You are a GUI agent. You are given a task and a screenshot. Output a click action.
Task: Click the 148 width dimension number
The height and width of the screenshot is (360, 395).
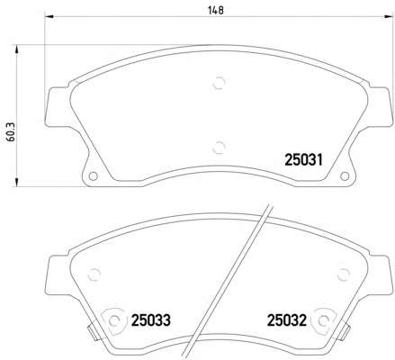216,10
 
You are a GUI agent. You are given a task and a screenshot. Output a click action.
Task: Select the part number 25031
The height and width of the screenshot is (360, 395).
303,160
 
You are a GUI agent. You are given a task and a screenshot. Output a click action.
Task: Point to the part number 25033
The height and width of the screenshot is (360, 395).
151,320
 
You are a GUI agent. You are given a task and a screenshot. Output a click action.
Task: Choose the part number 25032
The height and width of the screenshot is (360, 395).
287,320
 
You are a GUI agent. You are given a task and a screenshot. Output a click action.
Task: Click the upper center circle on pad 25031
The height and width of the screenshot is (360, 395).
219,83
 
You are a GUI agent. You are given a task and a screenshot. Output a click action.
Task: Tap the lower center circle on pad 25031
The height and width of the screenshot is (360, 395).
219,148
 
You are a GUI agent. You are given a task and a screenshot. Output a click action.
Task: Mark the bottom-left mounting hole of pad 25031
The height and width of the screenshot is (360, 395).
93,176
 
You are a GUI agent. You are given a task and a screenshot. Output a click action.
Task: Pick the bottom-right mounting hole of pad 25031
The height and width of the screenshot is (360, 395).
345,176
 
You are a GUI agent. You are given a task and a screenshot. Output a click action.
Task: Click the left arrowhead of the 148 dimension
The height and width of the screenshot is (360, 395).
49,17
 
